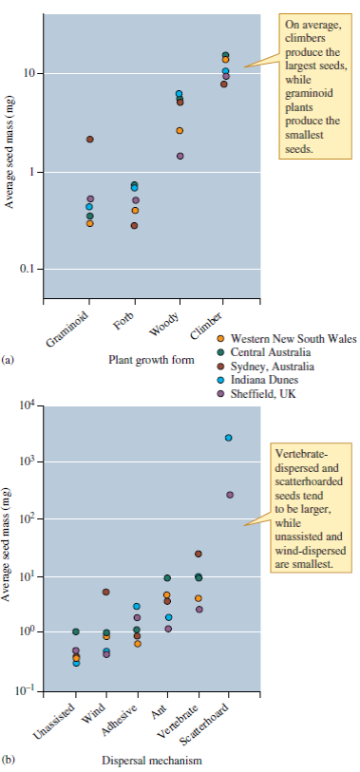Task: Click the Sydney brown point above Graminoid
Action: coord(90,140)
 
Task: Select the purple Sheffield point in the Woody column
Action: coord(180,156)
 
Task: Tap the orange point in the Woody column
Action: coord(180,130)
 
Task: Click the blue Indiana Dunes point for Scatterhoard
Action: coord(229,438)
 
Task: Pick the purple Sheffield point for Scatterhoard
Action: coord(229,495)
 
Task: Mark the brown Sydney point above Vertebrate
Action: coord(199,554)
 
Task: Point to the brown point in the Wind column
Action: coord(106,592)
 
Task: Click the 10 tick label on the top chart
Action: coord(29,74)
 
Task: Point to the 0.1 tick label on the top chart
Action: coord(28,270)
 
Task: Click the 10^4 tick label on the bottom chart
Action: coord(28,406)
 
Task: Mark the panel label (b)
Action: coord(9,761)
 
